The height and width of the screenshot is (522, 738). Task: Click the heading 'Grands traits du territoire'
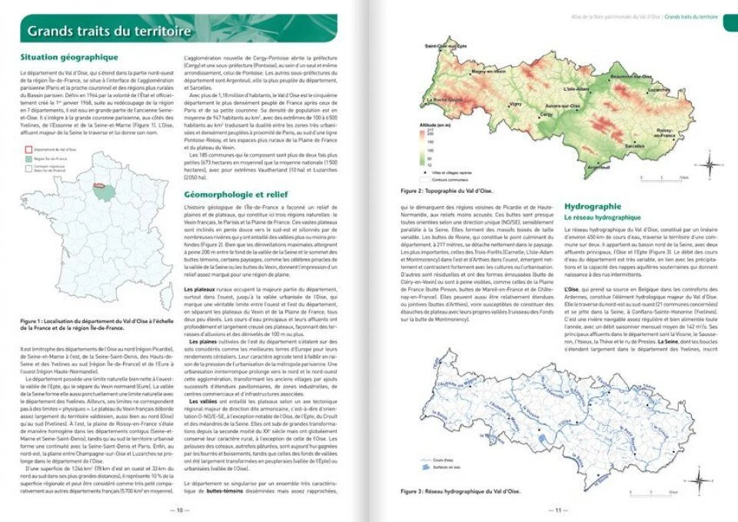click(108, 32)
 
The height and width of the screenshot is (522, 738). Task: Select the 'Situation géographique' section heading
click(68, 57)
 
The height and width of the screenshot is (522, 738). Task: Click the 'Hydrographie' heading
click(593, 207)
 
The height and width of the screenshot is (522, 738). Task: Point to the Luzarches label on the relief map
click(659, 90)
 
